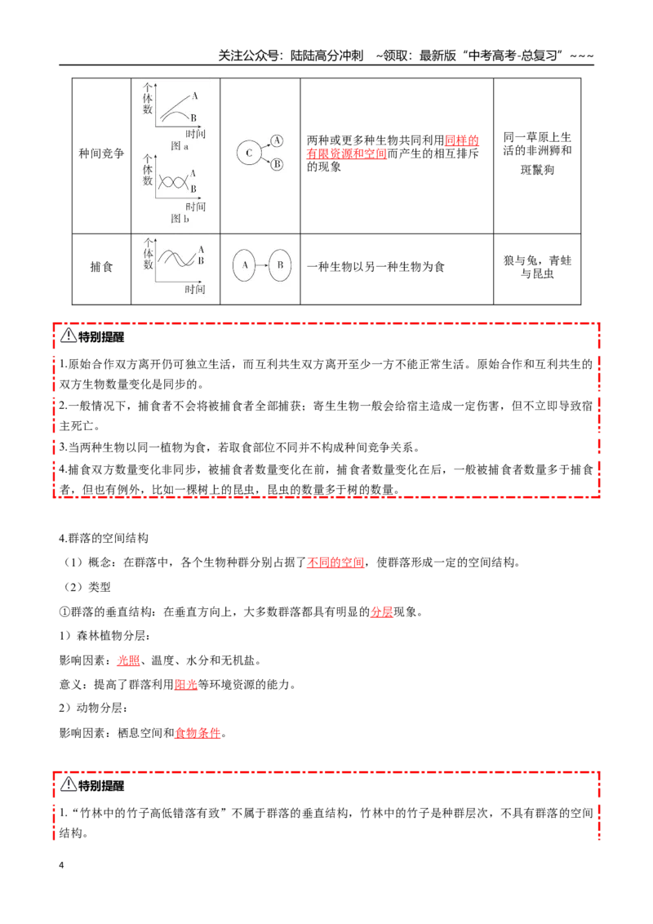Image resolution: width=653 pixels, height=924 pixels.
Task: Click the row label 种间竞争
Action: pyautogui.click(x=101, y=153)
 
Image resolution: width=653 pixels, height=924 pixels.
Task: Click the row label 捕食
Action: pyautogui.click(x=101, y=267)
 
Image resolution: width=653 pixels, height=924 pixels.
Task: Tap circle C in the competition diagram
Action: pyautogui.click(x=249, y=153)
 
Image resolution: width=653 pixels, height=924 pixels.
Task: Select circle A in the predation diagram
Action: pyautogui.click(x=245, y=265)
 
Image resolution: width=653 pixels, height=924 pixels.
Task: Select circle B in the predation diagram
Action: pyautogui.click(x=280, y=265)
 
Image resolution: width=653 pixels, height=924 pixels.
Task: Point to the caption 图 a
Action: pyautogui.click(x=179, y=145)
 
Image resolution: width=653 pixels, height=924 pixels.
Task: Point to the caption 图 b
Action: pyautogui.click(x=180, y=219)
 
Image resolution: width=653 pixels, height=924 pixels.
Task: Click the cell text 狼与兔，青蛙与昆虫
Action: pyautogui.click(x=537, y=267)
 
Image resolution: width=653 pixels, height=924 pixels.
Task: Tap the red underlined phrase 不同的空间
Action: pyautogui.click(x=335, y=562)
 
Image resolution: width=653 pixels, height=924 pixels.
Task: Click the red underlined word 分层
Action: pyautogui.click(x=381, y=611)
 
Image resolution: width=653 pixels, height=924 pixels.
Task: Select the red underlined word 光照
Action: pyautogui.click(x=128, y=660)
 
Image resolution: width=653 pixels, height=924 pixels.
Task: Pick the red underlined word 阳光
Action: pyautogui.click(x=185, y=684)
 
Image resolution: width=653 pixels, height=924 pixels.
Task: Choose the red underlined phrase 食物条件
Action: pyautogui.click(x=198, y=733)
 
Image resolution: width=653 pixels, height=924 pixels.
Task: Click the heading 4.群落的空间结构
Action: pyautogui.click(x=104, y=538)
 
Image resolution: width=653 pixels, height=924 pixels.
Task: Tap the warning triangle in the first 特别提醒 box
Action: pyautogui.click(x=69, y=335)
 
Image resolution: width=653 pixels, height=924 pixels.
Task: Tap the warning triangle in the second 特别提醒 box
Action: pyautogui.click(x=69, y=784)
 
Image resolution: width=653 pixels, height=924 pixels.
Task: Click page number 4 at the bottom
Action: pyautogui.click(x=61, y=865)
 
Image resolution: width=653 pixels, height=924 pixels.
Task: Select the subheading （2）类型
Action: pyautogui.click(x=87, y=587)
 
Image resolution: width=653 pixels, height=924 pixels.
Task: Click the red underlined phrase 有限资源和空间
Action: pyautogui.click(x=347, y=153)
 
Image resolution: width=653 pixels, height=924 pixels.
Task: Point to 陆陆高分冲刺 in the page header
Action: pyautogui.click(x=326, y=56)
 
